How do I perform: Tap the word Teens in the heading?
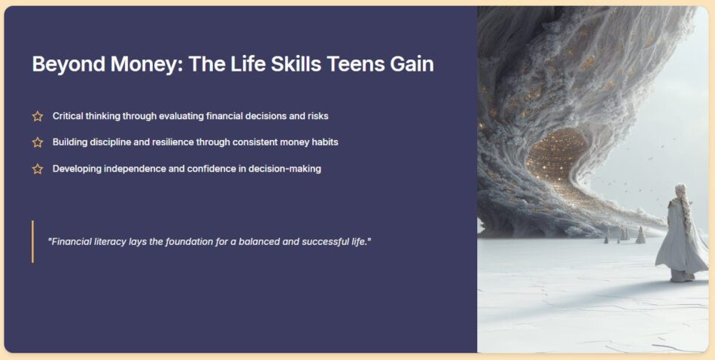pos(355,64)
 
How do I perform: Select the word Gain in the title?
pos(411,64)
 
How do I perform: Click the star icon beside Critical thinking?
pos(38,116)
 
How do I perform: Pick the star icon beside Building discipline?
pos(38,142)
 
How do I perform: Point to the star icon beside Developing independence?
pos(38,169)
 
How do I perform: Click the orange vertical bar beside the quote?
pos(32,241)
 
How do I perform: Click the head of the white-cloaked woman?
pos(680,191)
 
